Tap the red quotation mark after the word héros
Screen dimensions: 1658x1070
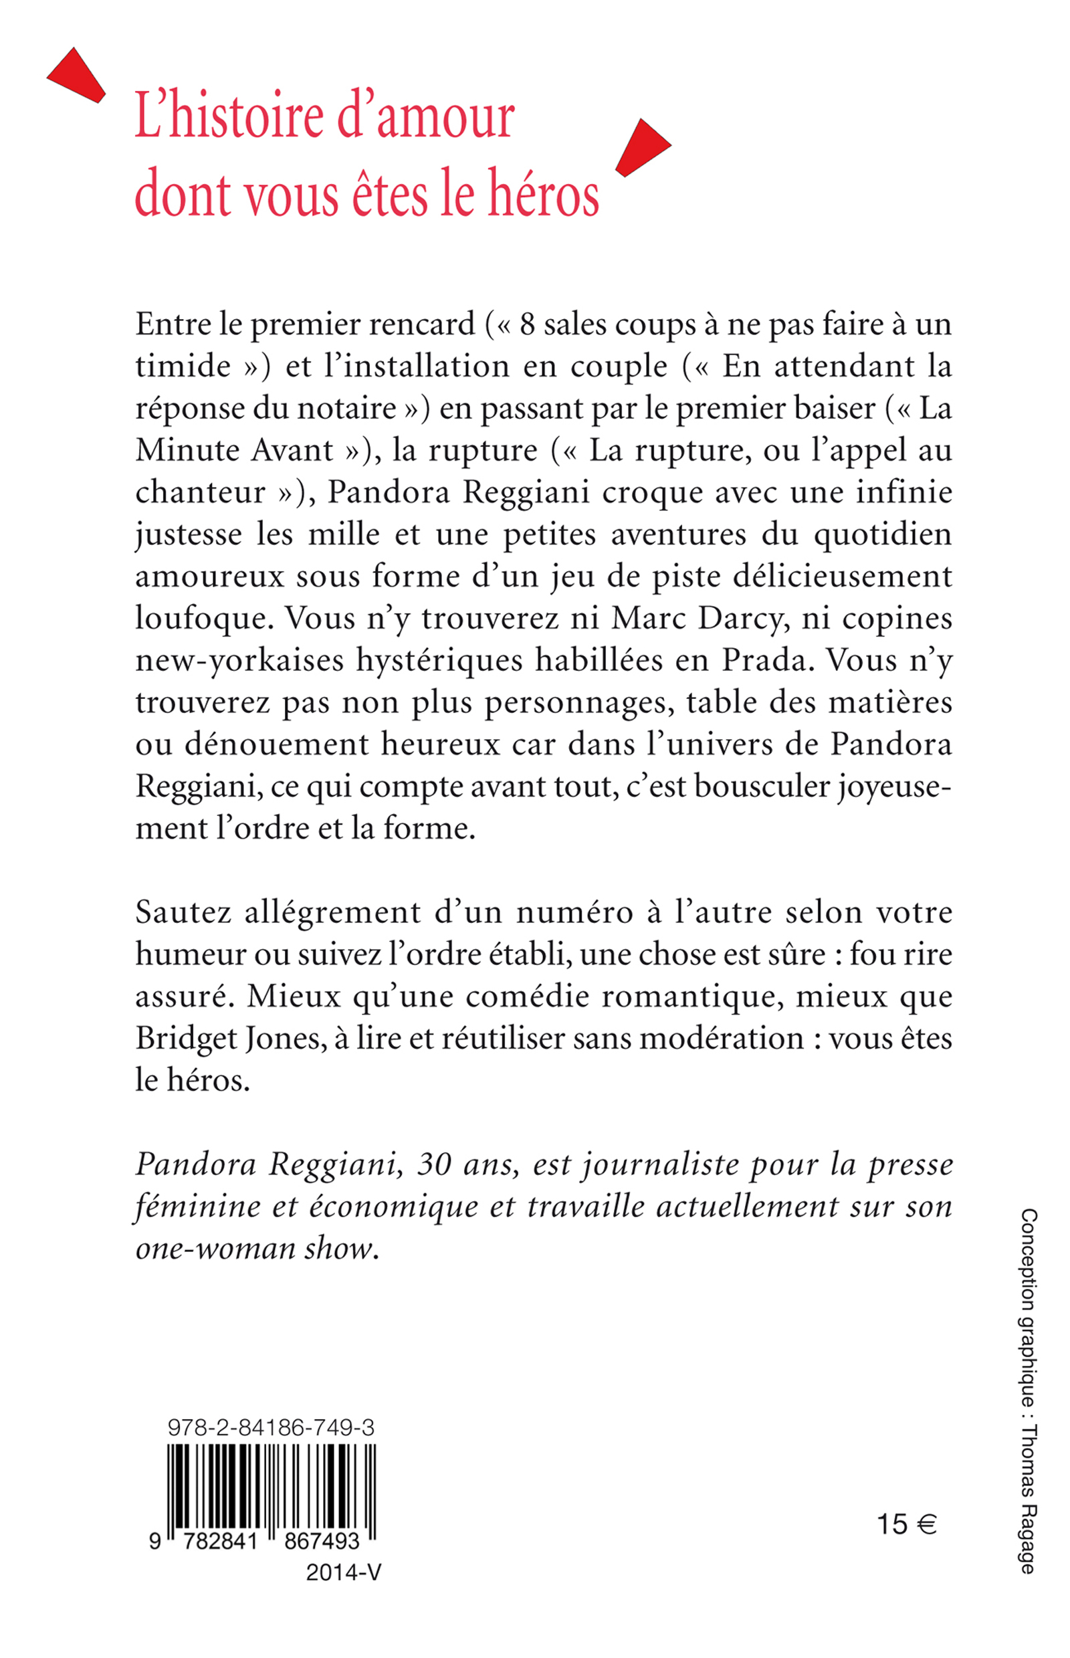(x=642, y=148)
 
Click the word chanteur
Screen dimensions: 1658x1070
(x=200, y=493)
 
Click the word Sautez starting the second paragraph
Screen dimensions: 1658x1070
(x=183, y=912)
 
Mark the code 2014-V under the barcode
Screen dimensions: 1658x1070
(x=343, y=1572)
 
